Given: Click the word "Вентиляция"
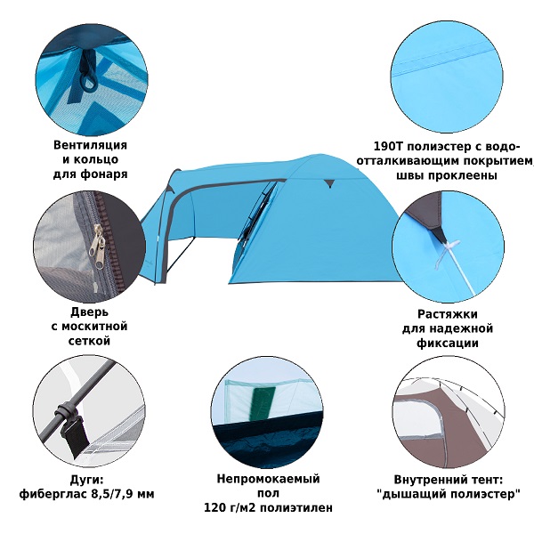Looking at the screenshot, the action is point(90,145).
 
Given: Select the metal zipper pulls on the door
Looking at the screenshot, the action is point(97,246).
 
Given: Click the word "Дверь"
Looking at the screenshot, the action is point(89,311).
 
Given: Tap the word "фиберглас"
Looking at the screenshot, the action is point(53,493).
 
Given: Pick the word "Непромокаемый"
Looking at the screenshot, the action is point(269,479).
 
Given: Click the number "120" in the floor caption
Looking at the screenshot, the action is point(214,508).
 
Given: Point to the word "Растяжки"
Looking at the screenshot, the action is point(448,313).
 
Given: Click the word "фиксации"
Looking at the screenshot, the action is point(448,343).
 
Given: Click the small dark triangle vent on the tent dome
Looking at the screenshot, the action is point(328,183).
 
